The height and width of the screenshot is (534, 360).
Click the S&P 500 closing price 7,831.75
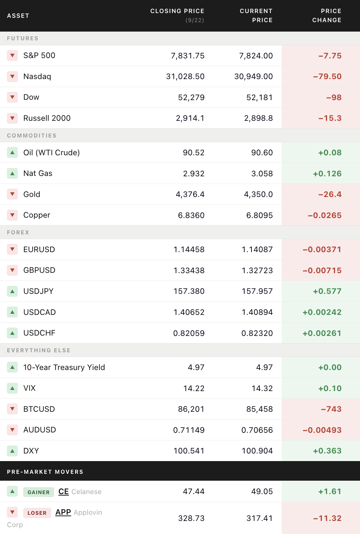[188, 56]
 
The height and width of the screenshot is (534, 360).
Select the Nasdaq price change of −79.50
[327, 77]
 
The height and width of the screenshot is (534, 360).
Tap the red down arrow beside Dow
[12, 97]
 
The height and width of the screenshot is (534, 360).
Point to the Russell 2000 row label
[47, 118]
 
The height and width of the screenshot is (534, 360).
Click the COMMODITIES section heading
[32, 135]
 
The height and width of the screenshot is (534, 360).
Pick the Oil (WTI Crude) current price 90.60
[262, 153]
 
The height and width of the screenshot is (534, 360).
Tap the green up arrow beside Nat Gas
[12, 173]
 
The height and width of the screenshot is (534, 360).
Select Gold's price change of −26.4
[330, 194]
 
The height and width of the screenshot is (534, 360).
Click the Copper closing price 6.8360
[191, 215]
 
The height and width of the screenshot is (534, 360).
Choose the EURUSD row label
[39, 249]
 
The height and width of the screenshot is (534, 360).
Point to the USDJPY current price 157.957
[257, 291]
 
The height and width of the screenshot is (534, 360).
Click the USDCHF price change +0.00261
[322, 333]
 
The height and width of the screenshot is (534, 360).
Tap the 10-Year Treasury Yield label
[64, 367]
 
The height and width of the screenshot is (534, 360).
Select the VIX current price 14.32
[262, 388]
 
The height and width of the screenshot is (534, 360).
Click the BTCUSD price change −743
[331, 409]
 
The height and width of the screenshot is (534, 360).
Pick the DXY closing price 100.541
[189, 451]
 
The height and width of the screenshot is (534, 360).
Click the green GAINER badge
[38, 492]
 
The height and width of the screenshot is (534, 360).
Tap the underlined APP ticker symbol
[63, 512]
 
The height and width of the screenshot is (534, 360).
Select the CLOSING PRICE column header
[177, 11]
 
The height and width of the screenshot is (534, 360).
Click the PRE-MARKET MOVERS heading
[45, 472]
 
